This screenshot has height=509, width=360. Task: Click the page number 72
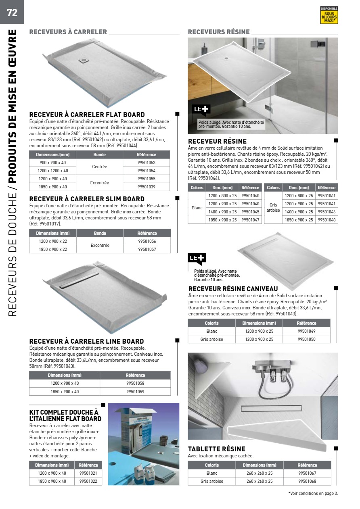click(12, 13)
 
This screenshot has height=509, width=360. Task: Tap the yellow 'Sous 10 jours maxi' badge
click(329, 15)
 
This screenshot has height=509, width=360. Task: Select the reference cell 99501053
click(146, 163)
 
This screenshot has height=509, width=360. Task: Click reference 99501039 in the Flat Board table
click(146, 187)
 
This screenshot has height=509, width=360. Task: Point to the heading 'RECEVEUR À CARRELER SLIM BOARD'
click(87, 199)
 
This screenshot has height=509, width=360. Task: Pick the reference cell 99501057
click(147, 249)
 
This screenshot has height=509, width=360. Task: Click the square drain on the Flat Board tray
click(84, 60)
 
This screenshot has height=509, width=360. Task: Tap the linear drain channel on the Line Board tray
click(79, 280)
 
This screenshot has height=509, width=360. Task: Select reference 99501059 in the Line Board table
click(135, 391)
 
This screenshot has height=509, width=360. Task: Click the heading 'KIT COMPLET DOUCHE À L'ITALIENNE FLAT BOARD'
click(65, 415)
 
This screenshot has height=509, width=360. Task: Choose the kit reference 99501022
click(88, 481)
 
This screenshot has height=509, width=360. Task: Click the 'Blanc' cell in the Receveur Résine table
click(197, 208)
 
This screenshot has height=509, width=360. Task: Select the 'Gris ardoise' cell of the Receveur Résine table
click(273, 208)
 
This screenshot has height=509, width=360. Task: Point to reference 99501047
click(250, 220)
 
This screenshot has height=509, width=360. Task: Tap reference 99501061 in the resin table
click(327, 196)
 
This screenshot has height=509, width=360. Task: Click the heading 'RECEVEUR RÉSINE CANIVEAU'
click(233, 289)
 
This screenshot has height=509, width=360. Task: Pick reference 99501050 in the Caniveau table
click(306, 339)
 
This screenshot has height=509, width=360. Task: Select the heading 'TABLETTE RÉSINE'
click(217, 449)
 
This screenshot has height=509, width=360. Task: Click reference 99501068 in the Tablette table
click(307, 481)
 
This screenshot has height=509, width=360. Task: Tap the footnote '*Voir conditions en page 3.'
click(313, 493)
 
